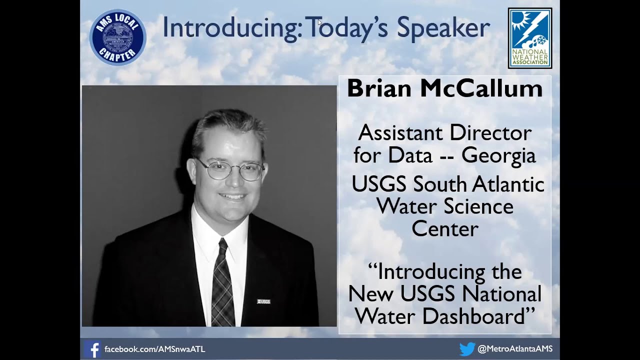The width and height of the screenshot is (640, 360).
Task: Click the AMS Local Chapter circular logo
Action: pyautogui.click(x=117, y=37)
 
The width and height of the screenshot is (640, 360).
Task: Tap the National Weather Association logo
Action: pyautogui.click(x=530, y=38)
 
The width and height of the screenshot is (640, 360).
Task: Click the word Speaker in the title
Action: pyautogui.click(x=443, y=28)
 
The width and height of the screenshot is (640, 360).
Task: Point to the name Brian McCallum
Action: pyautogui.click(x=444, y=89)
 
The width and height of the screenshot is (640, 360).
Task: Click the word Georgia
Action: pyautogui.click(x=498, y=155)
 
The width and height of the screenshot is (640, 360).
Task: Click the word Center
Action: pyautogui.click(x=444, y=229)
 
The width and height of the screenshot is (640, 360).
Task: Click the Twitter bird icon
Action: pyautogui.click(x=467, y=349)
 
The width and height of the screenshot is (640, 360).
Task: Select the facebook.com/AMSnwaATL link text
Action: pyautogui.click(x=154, y=349)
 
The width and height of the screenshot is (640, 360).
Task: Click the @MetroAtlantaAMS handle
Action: pyautogui.click(x=515, y=349)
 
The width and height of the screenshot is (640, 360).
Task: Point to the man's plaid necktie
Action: pyautogui.click(x=222, y=285)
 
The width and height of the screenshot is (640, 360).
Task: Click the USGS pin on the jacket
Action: pyautogui.click(x=263, y=301)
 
